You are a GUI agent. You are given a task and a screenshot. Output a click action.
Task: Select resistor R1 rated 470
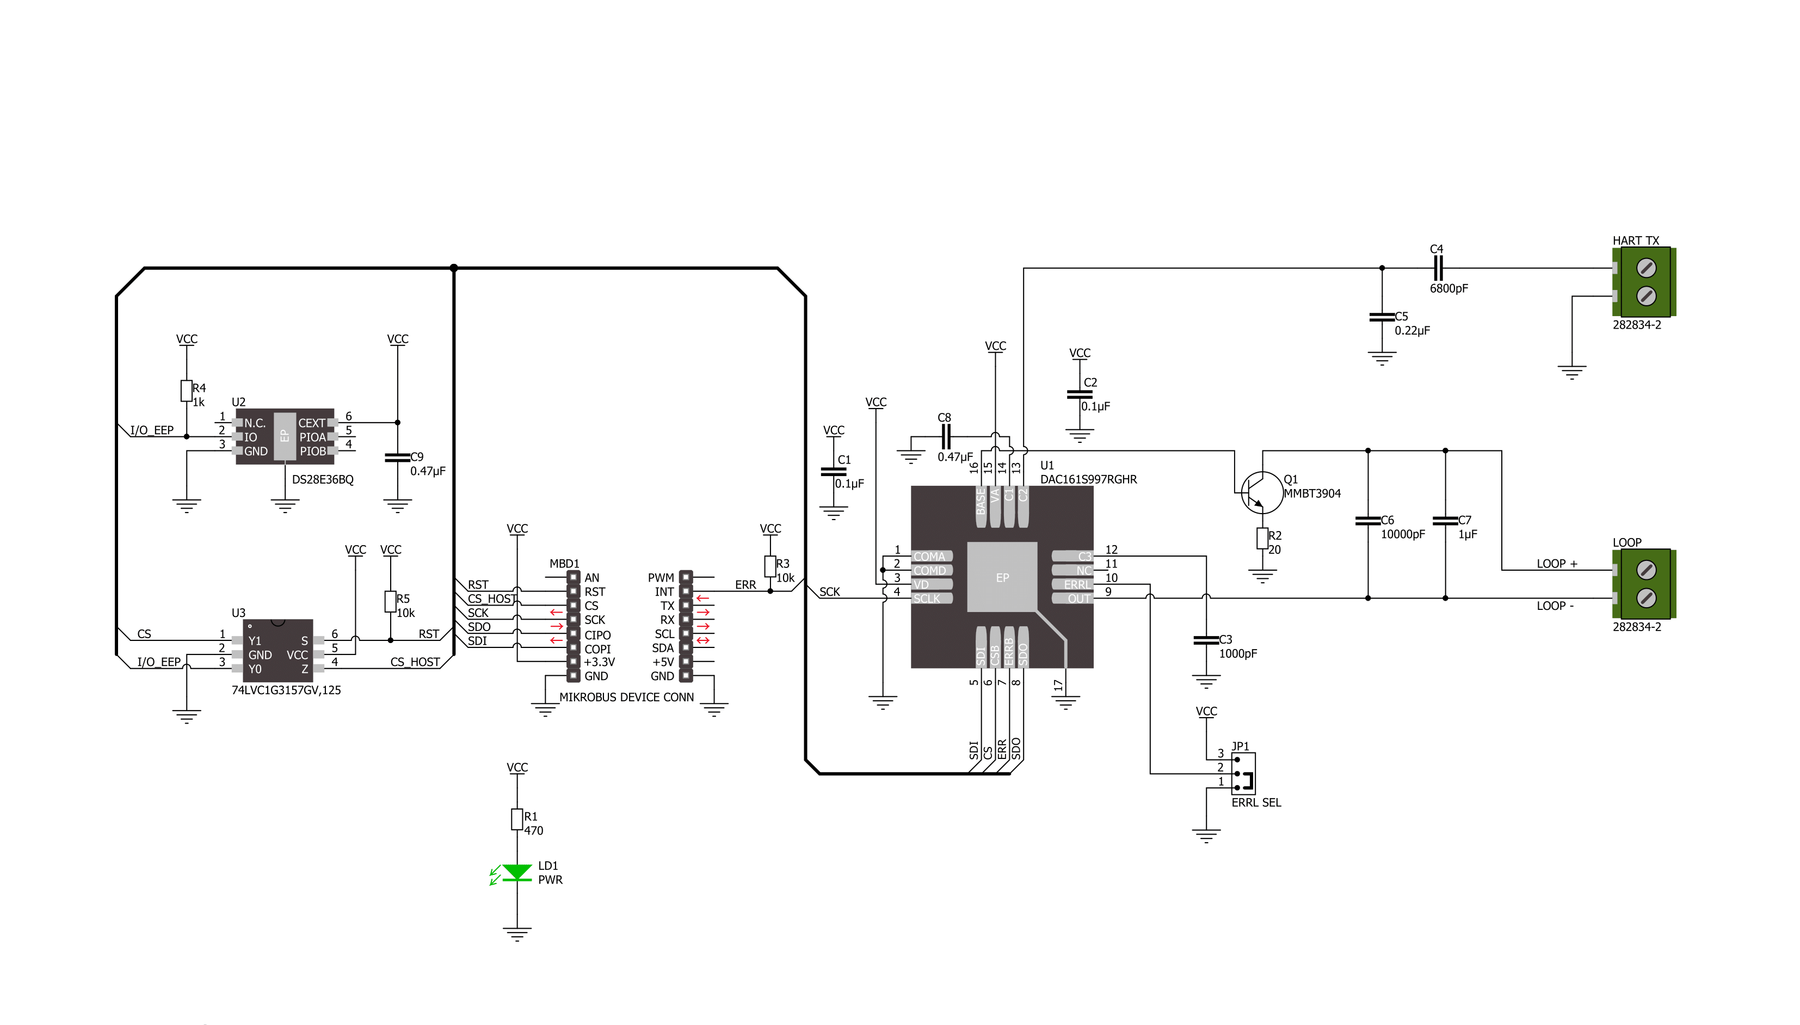click(517, 819)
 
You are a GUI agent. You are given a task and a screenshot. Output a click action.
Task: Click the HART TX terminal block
click(1644, 282)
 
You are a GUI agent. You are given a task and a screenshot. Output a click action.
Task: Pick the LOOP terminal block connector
click(1644, 584)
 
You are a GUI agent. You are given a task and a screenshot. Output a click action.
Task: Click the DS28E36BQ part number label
click(323, 479)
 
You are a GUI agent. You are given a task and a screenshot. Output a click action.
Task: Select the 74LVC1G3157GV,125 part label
click(286, 690)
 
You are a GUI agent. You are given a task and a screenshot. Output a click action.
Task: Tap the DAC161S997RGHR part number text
click(1088, 479)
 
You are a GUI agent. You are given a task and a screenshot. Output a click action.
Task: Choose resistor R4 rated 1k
click(186, 391)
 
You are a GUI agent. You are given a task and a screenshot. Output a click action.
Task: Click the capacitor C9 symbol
click(397, 458)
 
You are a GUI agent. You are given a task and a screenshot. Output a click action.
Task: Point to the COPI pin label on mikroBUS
click(597, 649)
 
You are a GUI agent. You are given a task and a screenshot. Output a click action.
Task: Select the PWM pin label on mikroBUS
click(661, 578)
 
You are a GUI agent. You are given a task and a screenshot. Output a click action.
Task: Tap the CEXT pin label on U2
click(312, 423)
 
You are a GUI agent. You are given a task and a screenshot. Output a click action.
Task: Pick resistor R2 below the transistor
click(1262, 539)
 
